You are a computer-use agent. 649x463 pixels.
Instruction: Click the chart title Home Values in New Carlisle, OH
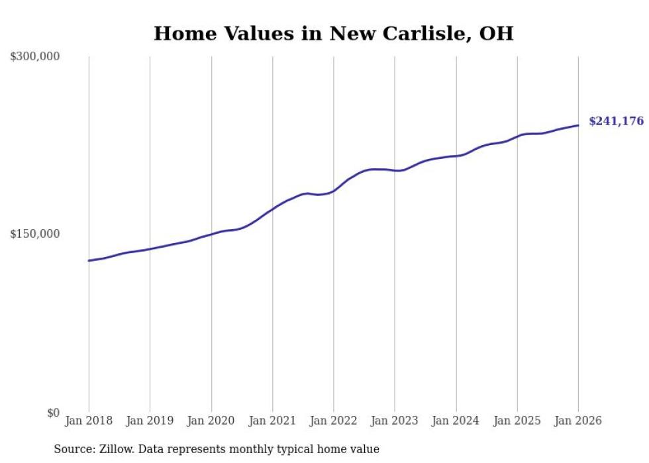pos(333,33)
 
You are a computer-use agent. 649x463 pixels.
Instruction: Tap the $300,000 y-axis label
pos(35,56)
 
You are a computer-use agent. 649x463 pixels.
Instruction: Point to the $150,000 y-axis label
pos(35,234)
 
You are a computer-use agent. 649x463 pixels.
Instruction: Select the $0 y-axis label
pos(53,413)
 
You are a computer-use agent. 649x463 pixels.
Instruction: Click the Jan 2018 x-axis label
pos(89,421)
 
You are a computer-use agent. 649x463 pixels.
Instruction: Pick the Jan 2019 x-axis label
pos(150,421)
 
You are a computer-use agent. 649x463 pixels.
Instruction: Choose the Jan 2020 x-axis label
pos(211,421)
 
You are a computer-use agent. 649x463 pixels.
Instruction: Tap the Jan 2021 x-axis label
pos(272,421)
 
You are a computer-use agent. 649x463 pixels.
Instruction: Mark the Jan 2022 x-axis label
pos(333,421)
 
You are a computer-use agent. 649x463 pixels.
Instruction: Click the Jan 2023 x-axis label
pos(395,421)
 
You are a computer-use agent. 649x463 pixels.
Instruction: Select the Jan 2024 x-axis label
pos(456,421)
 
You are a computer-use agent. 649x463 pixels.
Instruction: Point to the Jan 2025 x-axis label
pos(517,421)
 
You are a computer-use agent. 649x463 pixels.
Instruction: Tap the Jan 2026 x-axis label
pos(578,421)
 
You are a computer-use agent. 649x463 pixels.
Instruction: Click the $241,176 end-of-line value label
pos(616,121)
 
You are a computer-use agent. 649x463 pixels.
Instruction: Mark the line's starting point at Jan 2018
pos(89,260)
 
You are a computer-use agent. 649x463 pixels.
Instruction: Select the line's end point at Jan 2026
pos(578,125)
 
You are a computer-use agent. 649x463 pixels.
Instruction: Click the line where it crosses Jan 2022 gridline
pos(333,190)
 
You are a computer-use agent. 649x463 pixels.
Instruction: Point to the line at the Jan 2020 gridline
pos(211,234)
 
